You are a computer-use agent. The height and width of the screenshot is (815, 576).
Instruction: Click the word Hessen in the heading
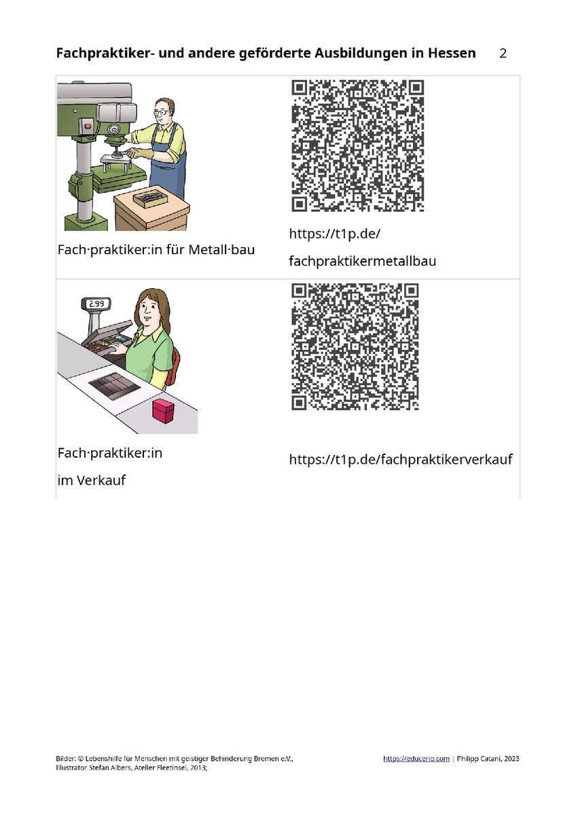click(451, 53)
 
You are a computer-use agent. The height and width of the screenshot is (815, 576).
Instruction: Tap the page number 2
click(503, 54)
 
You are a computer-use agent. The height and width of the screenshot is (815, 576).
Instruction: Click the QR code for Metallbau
click(358, 146)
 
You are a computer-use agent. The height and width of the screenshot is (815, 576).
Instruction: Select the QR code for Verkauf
click(355, 347)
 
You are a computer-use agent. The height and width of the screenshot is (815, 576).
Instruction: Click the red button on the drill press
click(88, 126)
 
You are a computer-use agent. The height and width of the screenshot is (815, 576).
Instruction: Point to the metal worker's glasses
click(161, 113)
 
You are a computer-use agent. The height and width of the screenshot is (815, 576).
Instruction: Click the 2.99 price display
click(96, 304)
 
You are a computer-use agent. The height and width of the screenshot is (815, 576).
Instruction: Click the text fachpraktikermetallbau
click(363, 261)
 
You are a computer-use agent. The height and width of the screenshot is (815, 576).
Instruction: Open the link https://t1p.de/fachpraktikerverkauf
click(401, 459)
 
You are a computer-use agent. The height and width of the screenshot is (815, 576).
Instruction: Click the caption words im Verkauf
click(91, 480)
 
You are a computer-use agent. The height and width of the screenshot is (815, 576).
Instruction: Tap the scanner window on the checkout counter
click(114, 386)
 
